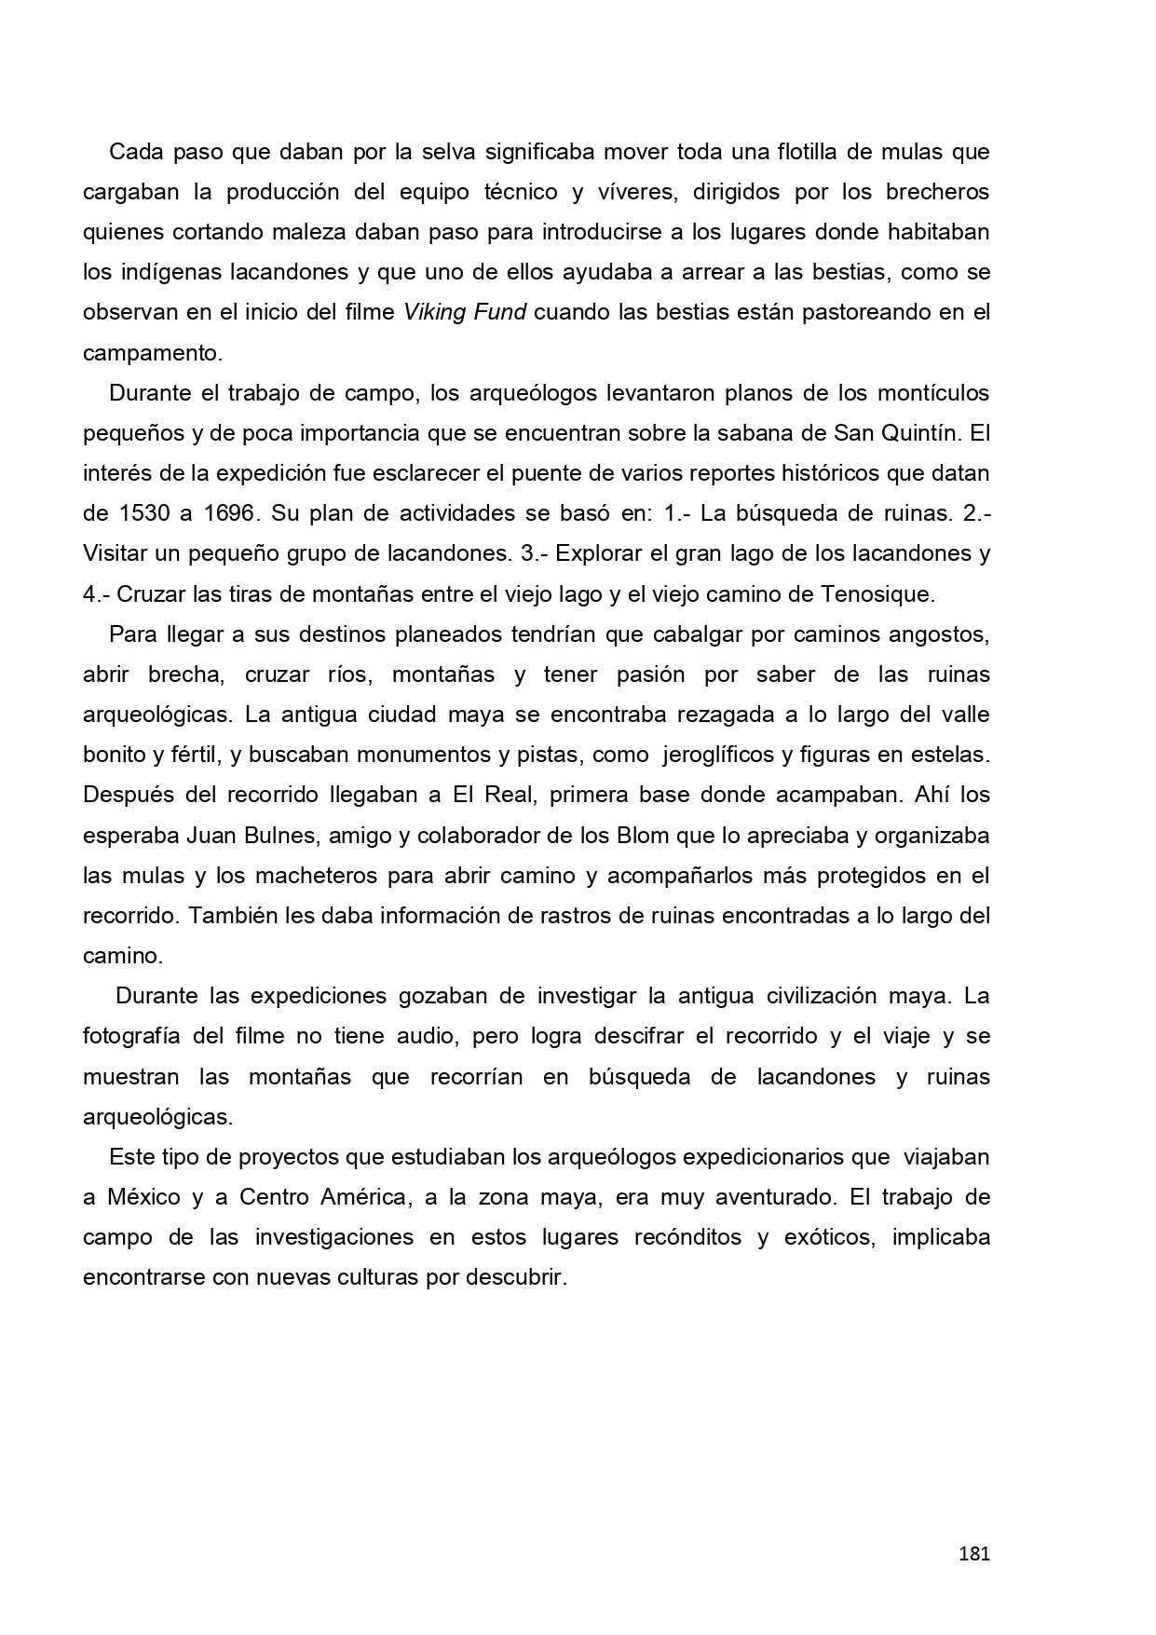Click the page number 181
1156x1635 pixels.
(x=973, y=1553)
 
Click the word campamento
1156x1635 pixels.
(x=153, y=353)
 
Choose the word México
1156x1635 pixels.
(x=143, y=1196)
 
